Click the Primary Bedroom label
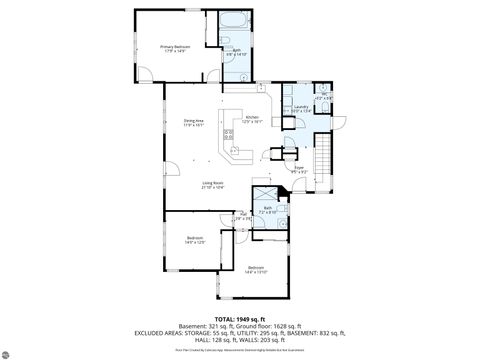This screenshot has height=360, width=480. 176,48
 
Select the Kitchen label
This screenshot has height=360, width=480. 253,119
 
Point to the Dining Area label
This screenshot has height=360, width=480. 193,123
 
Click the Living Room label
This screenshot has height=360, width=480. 213,185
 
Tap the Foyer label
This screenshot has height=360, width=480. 299,169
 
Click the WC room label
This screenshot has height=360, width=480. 323,97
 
